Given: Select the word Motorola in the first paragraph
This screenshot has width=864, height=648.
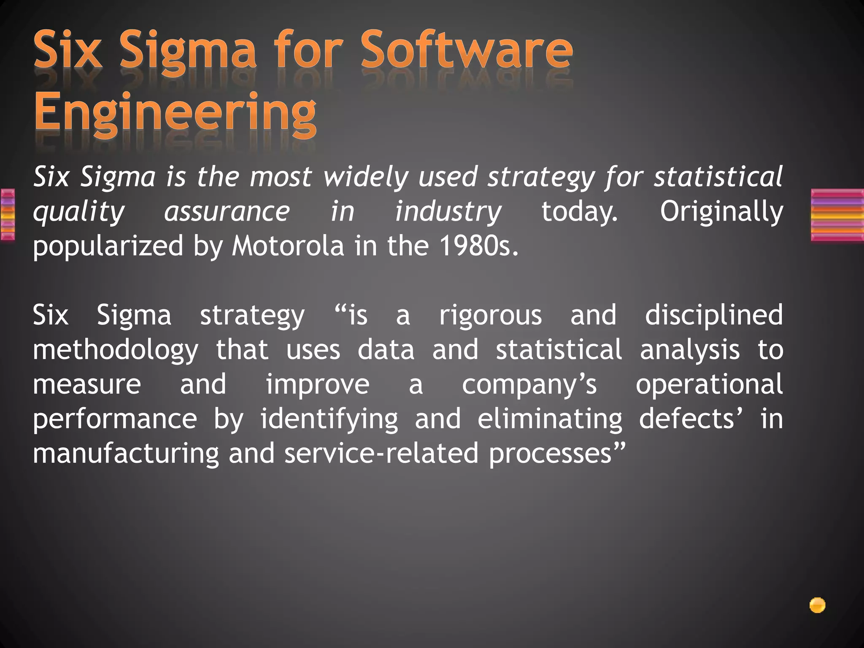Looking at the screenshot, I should point(288,246).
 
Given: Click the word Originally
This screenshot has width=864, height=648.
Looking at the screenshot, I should point(721,211).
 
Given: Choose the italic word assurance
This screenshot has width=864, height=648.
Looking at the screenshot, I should point(227,211).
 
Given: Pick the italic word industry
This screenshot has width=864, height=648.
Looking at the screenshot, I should point(448,211).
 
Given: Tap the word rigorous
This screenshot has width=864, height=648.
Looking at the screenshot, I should point(490,315).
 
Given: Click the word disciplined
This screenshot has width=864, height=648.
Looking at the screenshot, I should point(713,315).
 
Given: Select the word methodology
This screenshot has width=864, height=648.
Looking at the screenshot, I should point(116,350).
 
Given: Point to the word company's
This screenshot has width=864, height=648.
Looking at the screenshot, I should point(529,384).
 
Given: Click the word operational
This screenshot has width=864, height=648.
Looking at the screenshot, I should point(709,384).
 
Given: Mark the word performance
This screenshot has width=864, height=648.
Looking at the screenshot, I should point(115,419).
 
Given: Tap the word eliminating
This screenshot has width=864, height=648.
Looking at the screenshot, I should point(550,419).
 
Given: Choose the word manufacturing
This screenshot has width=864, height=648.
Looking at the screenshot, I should point(126,454).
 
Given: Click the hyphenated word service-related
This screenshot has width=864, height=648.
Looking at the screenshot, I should point(381,454).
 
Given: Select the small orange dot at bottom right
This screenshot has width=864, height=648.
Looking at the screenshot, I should point(817,605).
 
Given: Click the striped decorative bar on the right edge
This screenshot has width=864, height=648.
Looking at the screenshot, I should point(837,215).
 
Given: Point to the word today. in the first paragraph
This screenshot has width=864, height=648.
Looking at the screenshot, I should point(579,211).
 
